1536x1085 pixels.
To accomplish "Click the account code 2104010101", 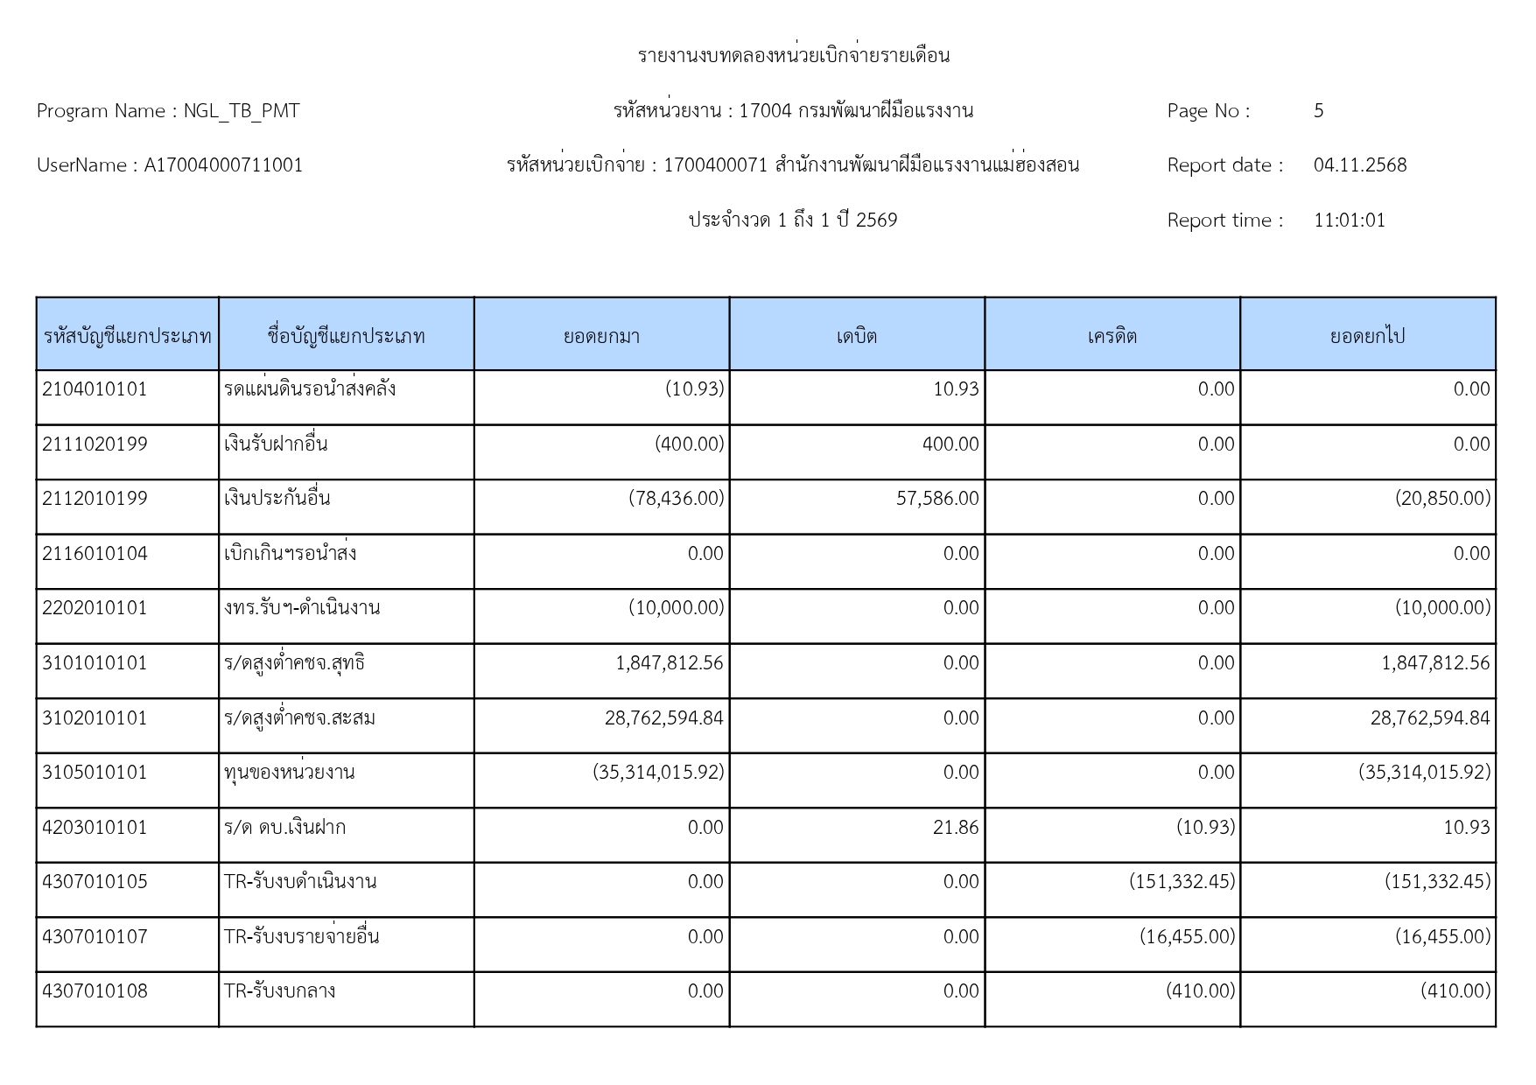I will point(95,389).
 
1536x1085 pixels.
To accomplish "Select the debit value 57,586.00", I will point(937,499).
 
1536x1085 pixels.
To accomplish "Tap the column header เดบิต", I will point(856,336).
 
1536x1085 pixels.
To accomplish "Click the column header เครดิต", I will point(1112,336).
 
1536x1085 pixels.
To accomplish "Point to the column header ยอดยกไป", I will point(1367,336).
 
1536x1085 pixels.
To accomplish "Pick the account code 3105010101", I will point(95,773).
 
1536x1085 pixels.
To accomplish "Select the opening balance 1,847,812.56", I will point(670,663).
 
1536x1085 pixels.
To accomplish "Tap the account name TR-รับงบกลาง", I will point(279,991).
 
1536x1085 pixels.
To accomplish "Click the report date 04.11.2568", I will point(1360,165).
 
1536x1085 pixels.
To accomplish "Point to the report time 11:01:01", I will point(1350,220).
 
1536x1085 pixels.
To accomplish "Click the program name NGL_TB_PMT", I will point(242,111).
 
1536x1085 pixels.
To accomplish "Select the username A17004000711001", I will point(223,165).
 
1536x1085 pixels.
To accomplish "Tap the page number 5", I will point(1319,111).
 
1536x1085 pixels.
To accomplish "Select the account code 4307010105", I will point(95,882).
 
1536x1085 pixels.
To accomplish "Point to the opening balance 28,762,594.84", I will point(664,718).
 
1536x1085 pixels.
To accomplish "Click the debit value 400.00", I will point(950,444).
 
